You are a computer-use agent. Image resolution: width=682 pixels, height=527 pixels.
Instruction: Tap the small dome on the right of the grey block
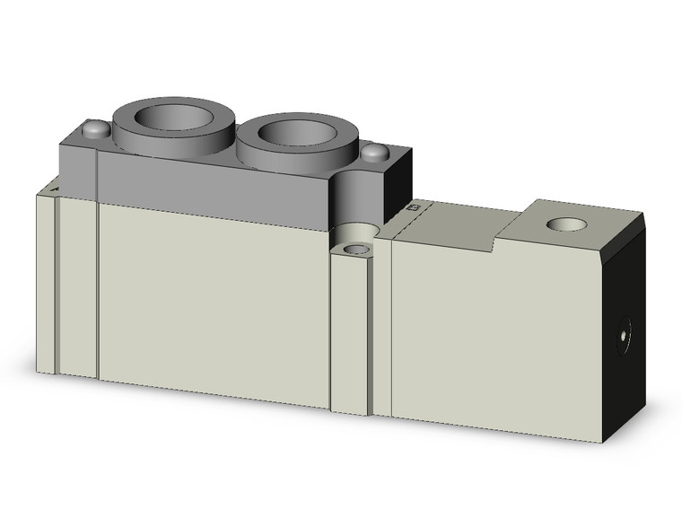375,153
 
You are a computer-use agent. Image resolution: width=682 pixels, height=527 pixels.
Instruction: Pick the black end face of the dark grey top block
399,184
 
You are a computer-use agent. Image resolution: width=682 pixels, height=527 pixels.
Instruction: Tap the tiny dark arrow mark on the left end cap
57,189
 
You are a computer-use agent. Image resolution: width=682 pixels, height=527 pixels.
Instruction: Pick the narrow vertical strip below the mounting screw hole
349,332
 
